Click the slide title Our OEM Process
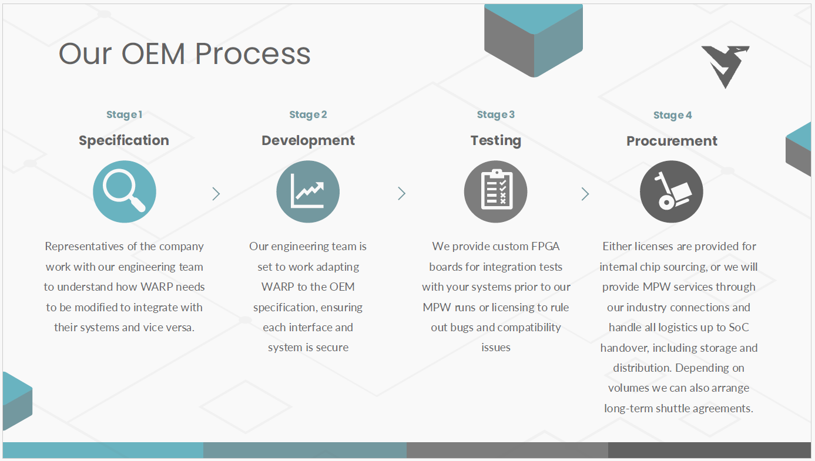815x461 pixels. click(x=185, y=53)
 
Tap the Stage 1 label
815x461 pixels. click(x=124, y=115)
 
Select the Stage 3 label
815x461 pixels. click(x=495, y=115)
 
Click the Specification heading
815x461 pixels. click(x=124, y=140)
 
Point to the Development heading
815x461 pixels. click(x=308, y=140)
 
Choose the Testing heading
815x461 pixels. click(x=495, y=140)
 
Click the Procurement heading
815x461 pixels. click(x=672, y=141)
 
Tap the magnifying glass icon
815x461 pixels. click(x=124, y=191)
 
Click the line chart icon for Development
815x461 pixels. click(x=308, y=191)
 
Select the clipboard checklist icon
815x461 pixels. click(x=495, y=191)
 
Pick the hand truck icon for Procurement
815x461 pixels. click(x=672, y=192)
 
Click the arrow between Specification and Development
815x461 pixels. click(x=216, y=193)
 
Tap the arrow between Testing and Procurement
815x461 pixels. click(x=585, y=193)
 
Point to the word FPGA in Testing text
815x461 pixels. click(x=545, y=246)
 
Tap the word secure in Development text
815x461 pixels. click(x=332, y=347)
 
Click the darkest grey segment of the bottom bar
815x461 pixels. click(x=709, y=450)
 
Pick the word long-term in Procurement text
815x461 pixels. click(x=628, y=408)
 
